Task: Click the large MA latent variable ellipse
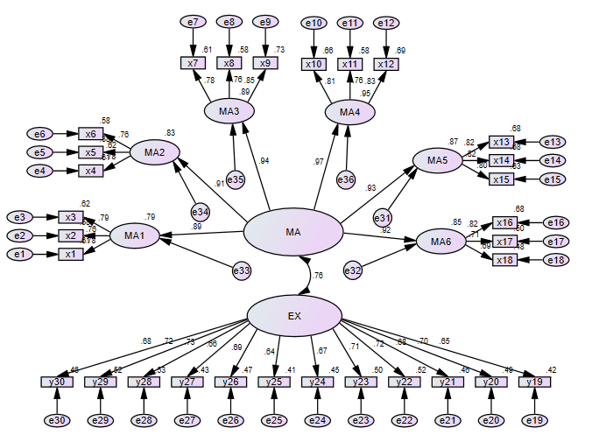292,233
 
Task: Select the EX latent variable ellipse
294,317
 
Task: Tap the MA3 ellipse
229,111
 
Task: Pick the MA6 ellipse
440,242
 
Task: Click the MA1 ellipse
134,235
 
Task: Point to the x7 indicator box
193,63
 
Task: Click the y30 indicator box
55,382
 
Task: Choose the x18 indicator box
504,259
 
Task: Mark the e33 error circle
242,272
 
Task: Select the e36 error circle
346,180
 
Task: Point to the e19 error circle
532,421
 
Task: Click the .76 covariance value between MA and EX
318,275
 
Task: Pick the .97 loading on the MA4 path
320,162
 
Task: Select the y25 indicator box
272,382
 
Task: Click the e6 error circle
39,133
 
